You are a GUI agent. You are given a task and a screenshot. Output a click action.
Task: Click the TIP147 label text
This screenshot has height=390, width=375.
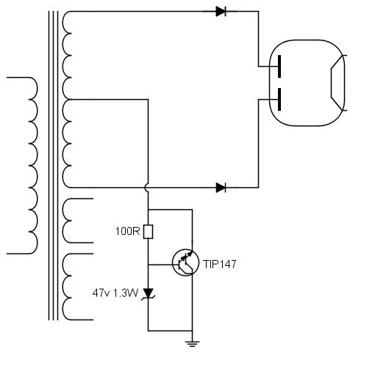[x=220, y=264]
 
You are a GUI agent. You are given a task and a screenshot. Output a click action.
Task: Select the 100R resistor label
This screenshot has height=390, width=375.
[x=128, y=231]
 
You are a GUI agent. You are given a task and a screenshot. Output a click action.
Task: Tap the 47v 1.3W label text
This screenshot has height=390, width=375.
[x=115, y=293]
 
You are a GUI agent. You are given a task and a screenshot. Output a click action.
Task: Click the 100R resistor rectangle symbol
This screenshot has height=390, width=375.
[x=148, y=231]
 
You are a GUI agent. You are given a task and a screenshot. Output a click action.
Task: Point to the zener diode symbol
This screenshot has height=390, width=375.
[x=149, y=294]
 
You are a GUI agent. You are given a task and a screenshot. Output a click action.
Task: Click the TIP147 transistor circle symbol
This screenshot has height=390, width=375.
[x=185, y=263]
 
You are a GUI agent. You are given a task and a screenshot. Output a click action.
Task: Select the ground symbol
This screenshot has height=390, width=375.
[x=192, y=344]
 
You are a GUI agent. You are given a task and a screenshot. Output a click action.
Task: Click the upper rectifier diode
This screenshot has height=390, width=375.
[x=221, y=12]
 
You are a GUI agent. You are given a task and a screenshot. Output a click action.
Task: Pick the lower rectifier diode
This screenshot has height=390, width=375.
[x=221, y=187]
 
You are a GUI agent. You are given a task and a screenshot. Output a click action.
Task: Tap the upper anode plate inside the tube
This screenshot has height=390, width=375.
[x=279, y=66]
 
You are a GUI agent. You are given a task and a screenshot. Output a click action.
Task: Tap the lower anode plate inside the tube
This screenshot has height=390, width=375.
[x=279, y=99]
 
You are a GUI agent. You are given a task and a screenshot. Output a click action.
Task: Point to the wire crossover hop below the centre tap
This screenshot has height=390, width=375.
[x=146, y=187]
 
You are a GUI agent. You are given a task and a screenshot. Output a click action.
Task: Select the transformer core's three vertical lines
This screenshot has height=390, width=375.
[x=53, y=165]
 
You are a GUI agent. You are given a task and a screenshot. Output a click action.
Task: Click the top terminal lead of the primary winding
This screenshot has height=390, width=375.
[x=18, y=77]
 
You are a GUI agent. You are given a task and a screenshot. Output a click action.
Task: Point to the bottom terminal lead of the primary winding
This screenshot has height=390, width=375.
[x=18, y=253]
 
